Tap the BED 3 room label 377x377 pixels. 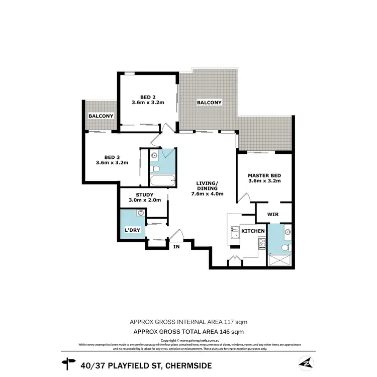[x=112, y=159]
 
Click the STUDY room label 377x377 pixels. [x=144, y=197]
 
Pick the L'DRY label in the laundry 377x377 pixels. [x=132, y=231]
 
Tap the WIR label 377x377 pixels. [x=273, y=214]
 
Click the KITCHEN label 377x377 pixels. [x=253, y=231]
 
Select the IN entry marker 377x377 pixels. [x=177, y=247]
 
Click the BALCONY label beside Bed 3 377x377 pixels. [x=101, y=116]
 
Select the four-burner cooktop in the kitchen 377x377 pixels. [x=261, y=244]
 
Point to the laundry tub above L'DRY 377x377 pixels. [x=140, y=214]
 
